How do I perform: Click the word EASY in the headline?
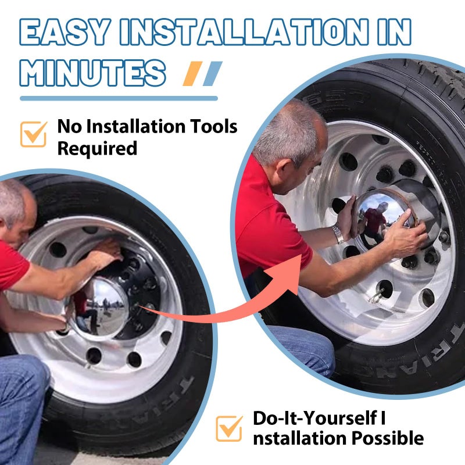point(65,32)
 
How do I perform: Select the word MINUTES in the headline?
point(92,73)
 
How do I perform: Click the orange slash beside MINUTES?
point(192,74)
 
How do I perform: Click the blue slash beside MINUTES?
point(213,74)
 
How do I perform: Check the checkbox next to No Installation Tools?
point(34,134)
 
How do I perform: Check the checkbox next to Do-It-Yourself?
point(229,428)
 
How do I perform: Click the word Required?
point(97,149)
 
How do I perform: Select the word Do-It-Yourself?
point(316,418)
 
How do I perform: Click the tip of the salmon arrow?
point(302,255)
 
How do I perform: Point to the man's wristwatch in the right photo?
point(338,233)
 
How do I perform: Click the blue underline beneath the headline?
point(119,98)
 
